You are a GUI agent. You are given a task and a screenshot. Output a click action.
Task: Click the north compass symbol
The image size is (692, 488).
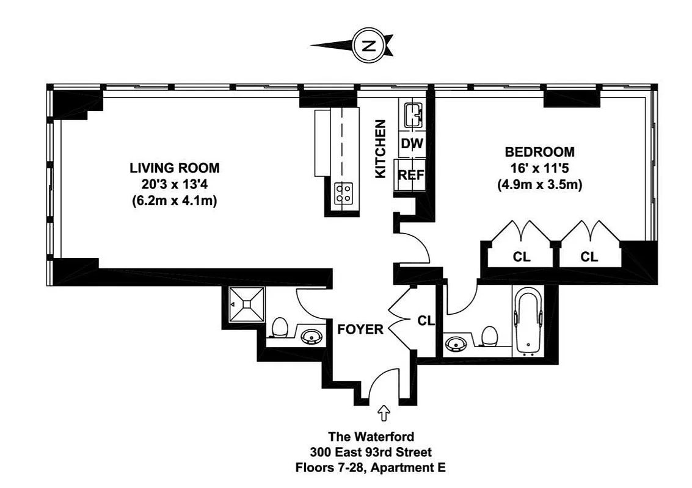tap(368, 46)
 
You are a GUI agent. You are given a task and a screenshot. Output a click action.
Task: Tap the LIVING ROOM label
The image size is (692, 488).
tap(174, 168)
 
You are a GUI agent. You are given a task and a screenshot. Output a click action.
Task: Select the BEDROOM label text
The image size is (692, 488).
tap(539, 152)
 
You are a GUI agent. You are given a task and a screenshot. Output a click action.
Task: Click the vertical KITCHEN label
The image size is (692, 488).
tap(381, 149)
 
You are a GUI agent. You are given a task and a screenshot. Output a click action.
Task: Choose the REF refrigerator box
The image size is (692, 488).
tap(412, 175)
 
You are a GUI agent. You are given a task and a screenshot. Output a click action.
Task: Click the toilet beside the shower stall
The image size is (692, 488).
tap(280, 328)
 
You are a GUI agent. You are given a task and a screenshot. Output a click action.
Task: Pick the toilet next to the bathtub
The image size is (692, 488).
tap(489, 335)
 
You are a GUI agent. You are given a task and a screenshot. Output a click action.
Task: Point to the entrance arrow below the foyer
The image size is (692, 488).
tap(385, 414)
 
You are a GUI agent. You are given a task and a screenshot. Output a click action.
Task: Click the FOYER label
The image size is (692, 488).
tap(360, 330)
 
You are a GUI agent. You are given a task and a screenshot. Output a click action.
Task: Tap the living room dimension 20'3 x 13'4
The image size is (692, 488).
tap(174, 184)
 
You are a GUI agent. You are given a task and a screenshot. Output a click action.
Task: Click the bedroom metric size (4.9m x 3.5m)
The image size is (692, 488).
tap(539, 184)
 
